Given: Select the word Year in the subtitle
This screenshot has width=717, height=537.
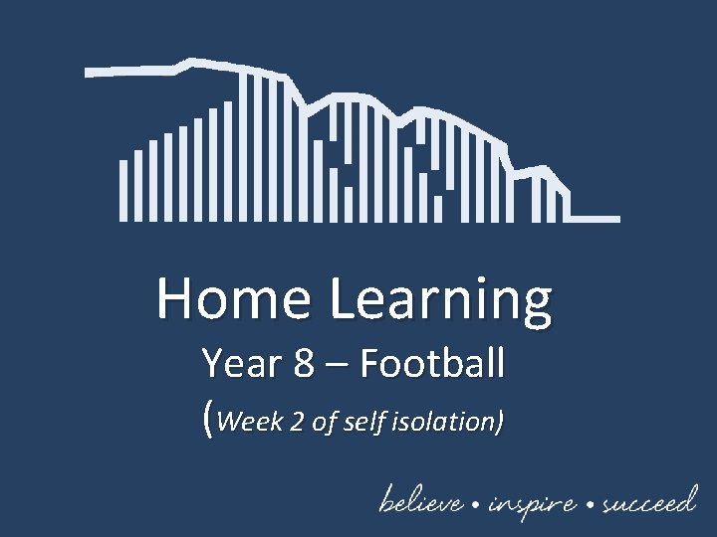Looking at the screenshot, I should (x=241, y=364).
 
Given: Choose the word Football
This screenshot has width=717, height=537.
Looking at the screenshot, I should (x=432, y=364).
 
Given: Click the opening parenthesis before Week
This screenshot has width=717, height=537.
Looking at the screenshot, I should (x=207, y=422).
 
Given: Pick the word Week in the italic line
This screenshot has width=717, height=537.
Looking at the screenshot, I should (x=248, y=422).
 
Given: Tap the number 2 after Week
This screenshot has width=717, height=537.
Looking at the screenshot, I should (x=298, y=422).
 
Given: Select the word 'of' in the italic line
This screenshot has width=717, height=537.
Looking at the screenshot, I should (x=325, y=422).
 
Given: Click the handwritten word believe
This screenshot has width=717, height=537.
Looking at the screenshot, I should (x=420, y=501).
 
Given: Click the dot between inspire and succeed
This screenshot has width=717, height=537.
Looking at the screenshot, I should (x=591, y=504).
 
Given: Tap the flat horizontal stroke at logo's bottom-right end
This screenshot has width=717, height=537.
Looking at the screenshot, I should (x=595, y=218).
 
